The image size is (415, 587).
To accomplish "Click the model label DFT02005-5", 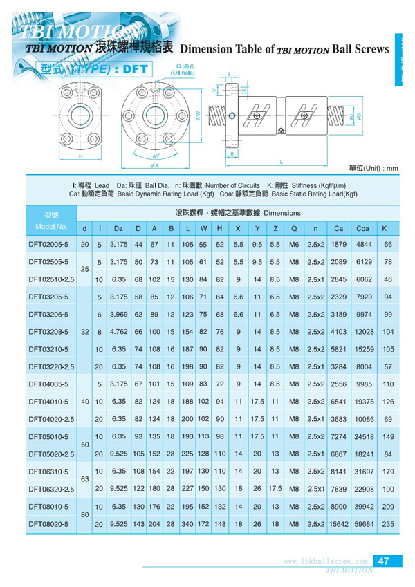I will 48,244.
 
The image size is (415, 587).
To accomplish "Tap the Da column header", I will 118,227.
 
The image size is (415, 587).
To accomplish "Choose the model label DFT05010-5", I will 48,436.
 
